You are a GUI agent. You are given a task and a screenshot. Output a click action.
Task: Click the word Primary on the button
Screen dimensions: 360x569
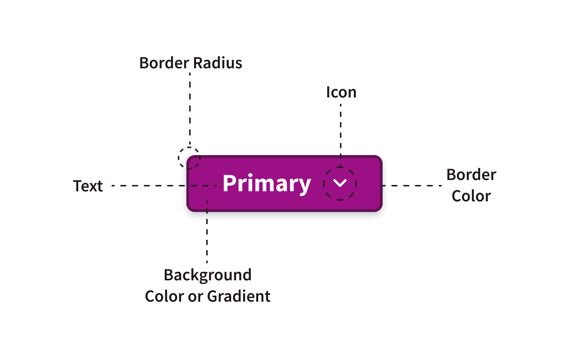(x=267, y=184)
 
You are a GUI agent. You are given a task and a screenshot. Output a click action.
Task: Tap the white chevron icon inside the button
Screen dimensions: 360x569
(x=340, y=183)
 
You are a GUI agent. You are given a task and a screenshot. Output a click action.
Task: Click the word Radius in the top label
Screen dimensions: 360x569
(x=218, y=63)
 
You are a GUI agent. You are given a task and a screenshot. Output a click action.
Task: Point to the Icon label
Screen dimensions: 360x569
(x=341, y=92)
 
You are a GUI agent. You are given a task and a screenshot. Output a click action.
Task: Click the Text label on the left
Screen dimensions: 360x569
(x=88, y=186)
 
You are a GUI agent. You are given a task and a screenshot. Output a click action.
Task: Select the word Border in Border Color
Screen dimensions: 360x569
(x=471, y=175)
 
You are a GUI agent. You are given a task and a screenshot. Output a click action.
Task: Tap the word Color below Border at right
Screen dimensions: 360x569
(x=471, y=196)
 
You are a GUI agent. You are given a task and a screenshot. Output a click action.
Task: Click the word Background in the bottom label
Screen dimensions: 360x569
(x=207, y=275)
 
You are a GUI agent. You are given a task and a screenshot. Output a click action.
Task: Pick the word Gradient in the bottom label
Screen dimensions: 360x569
(x=239, y=296)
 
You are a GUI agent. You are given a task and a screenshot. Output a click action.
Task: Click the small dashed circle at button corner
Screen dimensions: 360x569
(x=189, y=158)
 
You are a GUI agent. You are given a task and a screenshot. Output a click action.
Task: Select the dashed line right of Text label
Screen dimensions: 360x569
(x=149, y=186)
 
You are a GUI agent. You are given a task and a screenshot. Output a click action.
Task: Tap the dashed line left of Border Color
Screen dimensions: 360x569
(x=413, y=186)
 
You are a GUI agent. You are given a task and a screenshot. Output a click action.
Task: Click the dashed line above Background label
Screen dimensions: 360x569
(x=207, y=235)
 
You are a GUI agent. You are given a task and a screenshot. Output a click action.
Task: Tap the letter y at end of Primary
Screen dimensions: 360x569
(x=304, y=186)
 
